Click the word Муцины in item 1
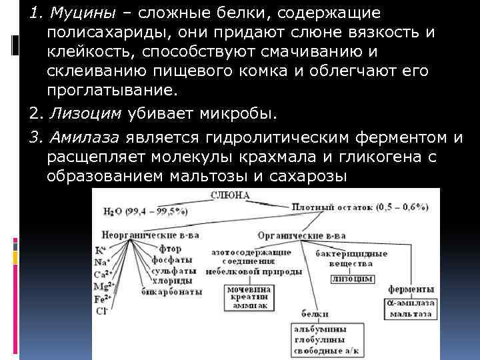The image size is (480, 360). [67, 14]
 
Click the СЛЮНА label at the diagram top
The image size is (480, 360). [231, 195]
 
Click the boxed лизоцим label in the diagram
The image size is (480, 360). [350, 279]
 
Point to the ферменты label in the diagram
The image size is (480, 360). [412, 290]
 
